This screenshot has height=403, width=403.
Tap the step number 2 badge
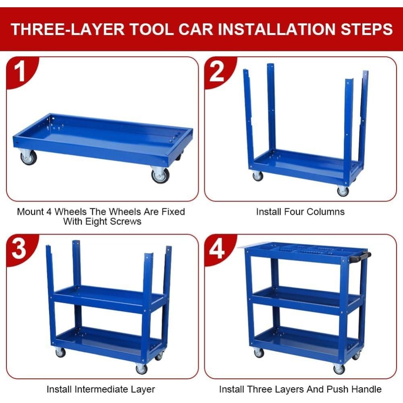[x=217, y=71]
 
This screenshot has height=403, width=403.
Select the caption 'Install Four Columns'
[x=300, y=212]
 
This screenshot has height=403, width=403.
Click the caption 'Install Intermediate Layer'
[x=101, y=389]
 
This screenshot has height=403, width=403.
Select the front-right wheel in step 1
[x=160, y=175]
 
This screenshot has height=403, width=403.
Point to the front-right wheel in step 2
[x=343, y=191]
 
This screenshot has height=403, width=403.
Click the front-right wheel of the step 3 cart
[x=141, y=368]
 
